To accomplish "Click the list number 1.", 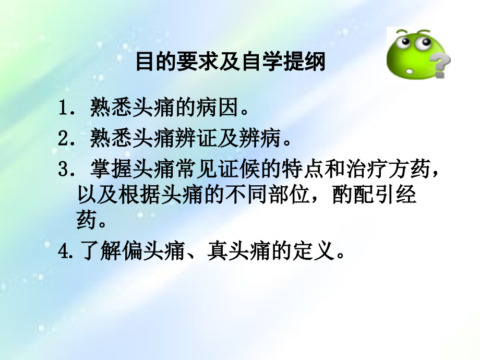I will (64, 110).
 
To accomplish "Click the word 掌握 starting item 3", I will (107, 170).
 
